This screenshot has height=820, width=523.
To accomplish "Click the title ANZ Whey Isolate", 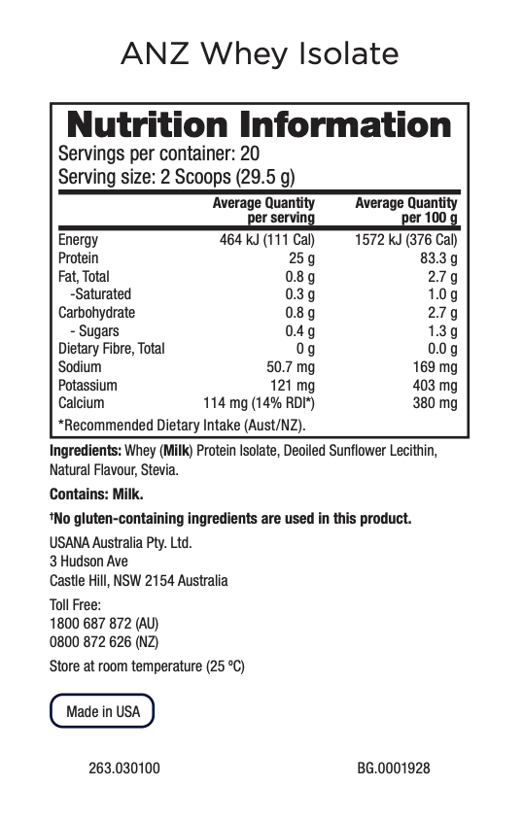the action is pyautogui.click(x=260, y=54).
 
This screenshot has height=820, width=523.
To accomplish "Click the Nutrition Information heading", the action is pyautogui.click(x=259, y=125).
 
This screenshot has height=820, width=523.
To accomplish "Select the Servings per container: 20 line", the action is pyautogui.click(x=158, y=154).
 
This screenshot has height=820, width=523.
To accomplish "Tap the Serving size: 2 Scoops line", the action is pyautogui.click(x=177, y=178).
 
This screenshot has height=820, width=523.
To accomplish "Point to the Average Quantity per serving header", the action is pyautogui.click(x=263, y=210).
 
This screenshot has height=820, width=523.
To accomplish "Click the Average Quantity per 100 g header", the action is pyautogui.click(x=405, y=210).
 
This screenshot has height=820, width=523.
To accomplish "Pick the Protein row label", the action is pyautogui.click(x=78, y=258).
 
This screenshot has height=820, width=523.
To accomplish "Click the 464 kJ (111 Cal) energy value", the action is pyautogui.click(x=267, y=240).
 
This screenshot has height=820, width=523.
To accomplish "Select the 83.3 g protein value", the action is pyautogui.click(x=438, y=258).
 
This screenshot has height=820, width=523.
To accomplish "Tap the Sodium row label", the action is pyautogui.click(x=80, y=367).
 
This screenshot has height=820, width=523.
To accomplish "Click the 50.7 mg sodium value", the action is pyautogui.click(x=291, y=367).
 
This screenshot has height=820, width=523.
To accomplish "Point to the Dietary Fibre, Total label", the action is pyautogui.click(x=112, y=349).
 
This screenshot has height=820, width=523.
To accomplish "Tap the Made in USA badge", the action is pyautogui.click(x=102, y=711).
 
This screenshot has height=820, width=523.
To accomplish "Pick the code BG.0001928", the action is pyautogui.click(x=393, y=769).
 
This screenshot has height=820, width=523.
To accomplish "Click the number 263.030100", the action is pyautogui.click(x=124, y=769).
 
